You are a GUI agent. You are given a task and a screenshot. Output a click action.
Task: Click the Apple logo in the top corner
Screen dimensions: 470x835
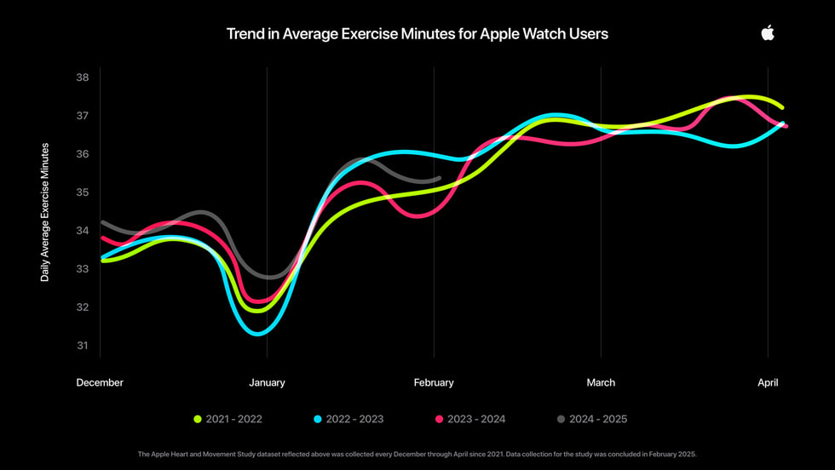click(x=768, y=32)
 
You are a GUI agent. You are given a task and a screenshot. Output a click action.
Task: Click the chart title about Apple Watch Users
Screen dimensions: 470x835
click(x=417, y=34)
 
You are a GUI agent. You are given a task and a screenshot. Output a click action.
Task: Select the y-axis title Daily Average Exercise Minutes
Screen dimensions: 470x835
click(x=45, y=212)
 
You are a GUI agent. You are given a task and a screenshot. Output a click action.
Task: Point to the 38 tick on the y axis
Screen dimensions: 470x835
click(x=83, y=77)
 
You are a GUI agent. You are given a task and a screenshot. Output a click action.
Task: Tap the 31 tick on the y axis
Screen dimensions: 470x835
click(x=83, y=346)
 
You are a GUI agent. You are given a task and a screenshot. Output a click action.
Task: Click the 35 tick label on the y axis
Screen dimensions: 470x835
click(x=83, y=192)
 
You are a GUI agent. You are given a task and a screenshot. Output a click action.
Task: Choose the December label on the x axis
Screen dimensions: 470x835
click(x=100, y=383)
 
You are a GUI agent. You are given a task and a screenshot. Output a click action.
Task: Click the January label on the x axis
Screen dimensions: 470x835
click(x=267, y=383)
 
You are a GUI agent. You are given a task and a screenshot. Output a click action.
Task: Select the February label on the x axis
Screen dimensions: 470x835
click(x=434, y=383)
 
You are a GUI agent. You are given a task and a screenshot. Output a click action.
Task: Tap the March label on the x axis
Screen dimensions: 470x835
click(x=601, y=383)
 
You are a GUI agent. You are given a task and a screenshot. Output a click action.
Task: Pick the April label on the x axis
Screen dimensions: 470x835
click(x=768, y=383)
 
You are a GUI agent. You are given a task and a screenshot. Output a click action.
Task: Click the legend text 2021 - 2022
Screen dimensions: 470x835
click(x=234, y=419)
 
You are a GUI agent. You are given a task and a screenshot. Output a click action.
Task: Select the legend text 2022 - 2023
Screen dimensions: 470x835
click(x=355, y=419)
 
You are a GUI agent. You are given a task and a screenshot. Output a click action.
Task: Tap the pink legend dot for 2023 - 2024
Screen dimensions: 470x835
click(x=440, y=419)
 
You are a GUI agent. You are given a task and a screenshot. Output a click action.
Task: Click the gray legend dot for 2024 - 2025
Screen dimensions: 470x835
click(x=561, y=419)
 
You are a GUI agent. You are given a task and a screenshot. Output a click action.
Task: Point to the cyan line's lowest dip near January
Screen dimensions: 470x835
click(x=257, y=334)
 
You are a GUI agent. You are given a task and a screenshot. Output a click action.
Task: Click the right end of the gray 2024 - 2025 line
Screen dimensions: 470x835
click(x=439, y=178)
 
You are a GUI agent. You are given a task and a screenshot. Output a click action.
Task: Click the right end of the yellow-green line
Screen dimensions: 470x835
click(x=781, y=107)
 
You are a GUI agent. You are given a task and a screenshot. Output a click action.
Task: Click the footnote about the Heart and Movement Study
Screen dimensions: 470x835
click(x=417, y=455)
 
